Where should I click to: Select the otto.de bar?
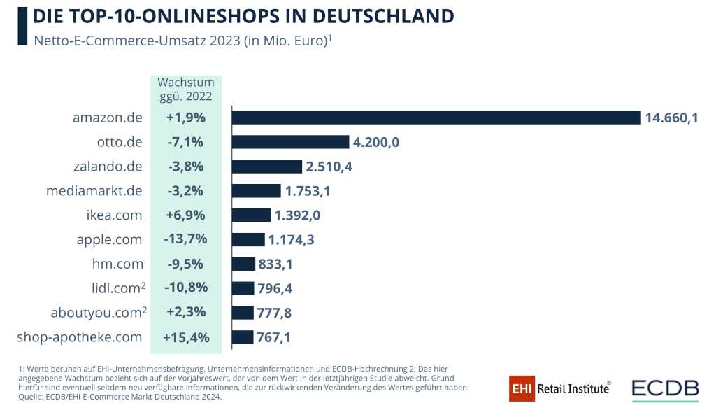[x=290, y=142]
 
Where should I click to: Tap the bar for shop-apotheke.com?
[x=242, y=337]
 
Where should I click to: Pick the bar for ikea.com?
[x=251, y=215]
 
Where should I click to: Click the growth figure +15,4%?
[x=186, y=337]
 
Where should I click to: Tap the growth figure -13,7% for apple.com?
[x=186, y=239]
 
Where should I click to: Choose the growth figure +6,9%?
[x=186, y=215]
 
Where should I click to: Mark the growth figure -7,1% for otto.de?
[x=186, y=142]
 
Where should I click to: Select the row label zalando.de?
[x=108, y=167]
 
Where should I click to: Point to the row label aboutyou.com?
[x=94, y=313]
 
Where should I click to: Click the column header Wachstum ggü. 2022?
[x=186, y=90]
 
